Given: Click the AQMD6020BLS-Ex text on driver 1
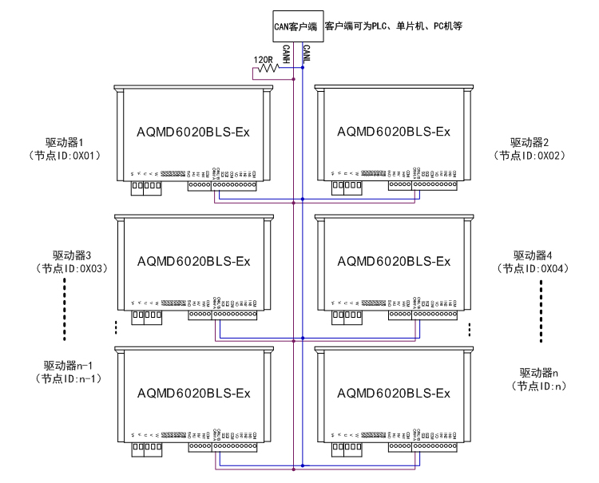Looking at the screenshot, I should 194,131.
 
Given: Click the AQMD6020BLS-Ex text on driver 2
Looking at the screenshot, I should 394,131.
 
